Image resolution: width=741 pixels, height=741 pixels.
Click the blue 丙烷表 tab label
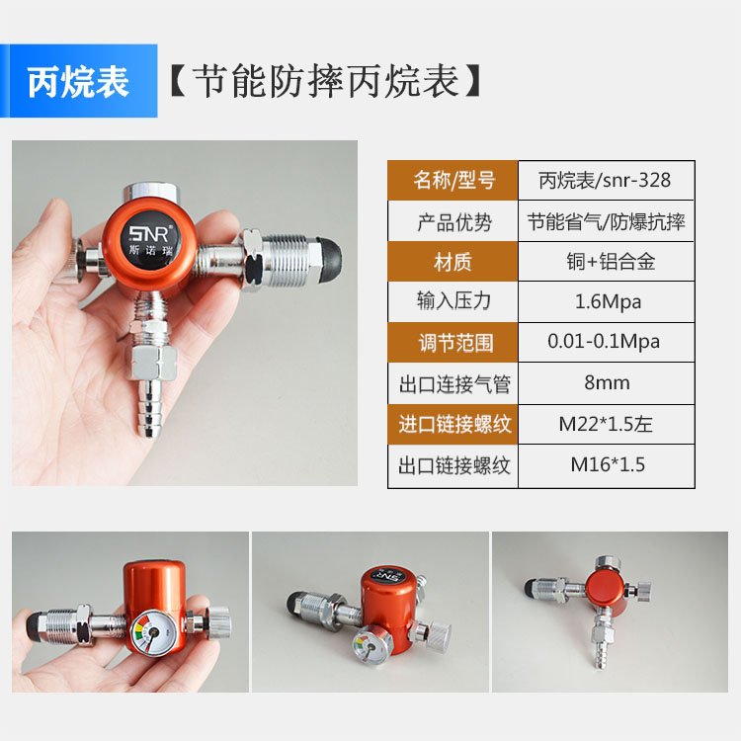coord(78,82)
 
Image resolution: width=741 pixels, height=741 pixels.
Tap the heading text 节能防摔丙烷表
coord(326,82)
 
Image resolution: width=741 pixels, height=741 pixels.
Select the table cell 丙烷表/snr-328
coord(605,180)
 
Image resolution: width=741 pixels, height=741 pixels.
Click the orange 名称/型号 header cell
coord(453,180)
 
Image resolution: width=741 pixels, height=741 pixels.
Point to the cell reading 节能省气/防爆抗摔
coord(605,222)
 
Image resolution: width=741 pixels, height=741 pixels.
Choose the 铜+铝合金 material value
coord(605,262)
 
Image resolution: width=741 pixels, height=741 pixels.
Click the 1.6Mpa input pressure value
coord(605,302)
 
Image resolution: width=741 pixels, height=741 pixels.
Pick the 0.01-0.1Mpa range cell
coord(605,342)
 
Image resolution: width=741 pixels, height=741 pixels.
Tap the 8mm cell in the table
coord(605,382)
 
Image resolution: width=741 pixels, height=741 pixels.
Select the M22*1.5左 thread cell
coord(605,425)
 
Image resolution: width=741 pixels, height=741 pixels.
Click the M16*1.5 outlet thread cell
coord(605,464)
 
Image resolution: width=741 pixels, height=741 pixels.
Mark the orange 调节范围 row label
coord(453,343)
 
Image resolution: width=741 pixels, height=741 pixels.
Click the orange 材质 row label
coord(453,262)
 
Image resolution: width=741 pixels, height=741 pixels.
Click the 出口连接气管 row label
coord(453,382)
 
